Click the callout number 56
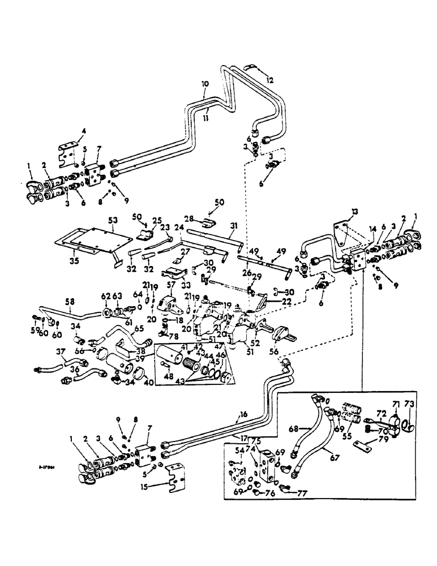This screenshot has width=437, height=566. pos(273,366)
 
